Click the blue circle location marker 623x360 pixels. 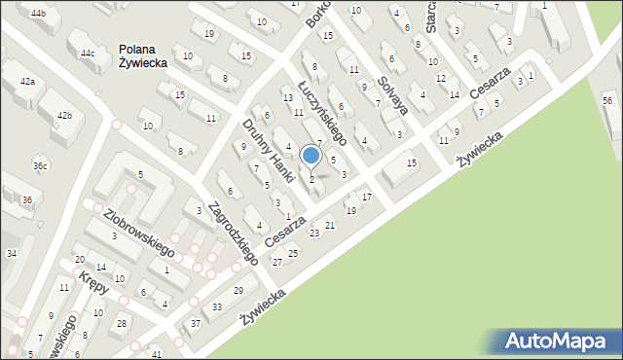point(311,155)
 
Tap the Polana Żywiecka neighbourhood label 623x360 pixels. point(142,55)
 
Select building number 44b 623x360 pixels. point(38,14)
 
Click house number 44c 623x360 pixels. point(88,53)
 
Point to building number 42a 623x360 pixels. point(26,82)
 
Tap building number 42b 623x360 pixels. point(64,116)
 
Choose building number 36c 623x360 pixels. point(40,166)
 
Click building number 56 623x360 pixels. point(606,101)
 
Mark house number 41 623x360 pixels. point(157,354)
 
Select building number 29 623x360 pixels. point(238,292)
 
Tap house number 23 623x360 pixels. point(314,234)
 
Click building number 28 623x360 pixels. point(122,323)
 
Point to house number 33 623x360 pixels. point(217,307)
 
